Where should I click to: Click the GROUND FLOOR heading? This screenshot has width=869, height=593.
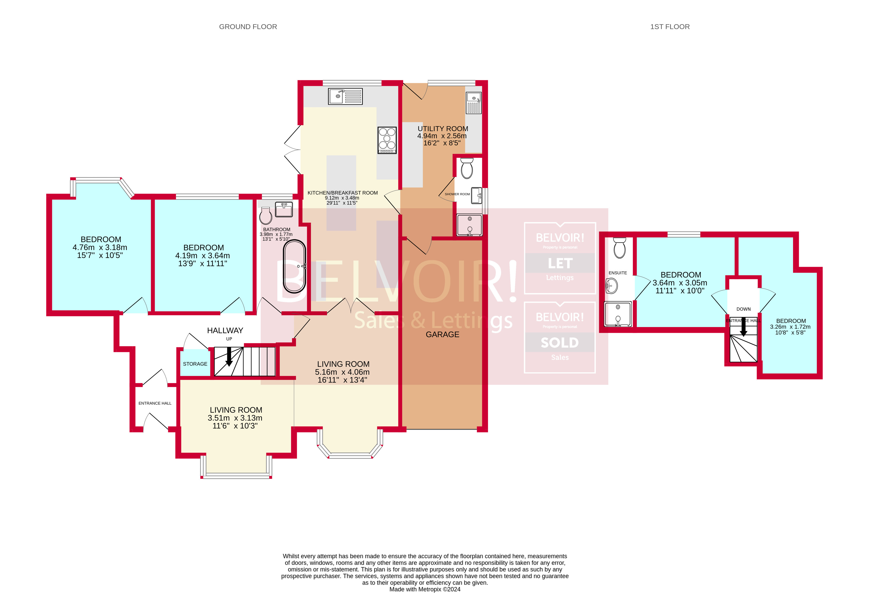tap(248, 27)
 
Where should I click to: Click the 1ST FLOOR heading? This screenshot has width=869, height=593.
tap(669, 27)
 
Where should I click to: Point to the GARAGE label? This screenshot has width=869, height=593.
tap(442, 334)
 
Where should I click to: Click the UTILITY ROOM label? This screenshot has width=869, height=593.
tap(442, 129)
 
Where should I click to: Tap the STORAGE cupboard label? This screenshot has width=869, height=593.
tap(195, 364)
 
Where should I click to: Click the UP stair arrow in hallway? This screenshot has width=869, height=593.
tap(229, 356)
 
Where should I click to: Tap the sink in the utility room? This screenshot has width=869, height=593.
tap(473, 103)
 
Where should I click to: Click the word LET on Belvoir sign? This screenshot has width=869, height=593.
tap(560, 263)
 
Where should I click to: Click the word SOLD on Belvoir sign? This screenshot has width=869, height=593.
tap(559, 342)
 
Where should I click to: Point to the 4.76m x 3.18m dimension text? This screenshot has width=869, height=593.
tap(100, 247)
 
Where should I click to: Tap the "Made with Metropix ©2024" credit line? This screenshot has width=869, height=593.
tap(425, 589)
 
